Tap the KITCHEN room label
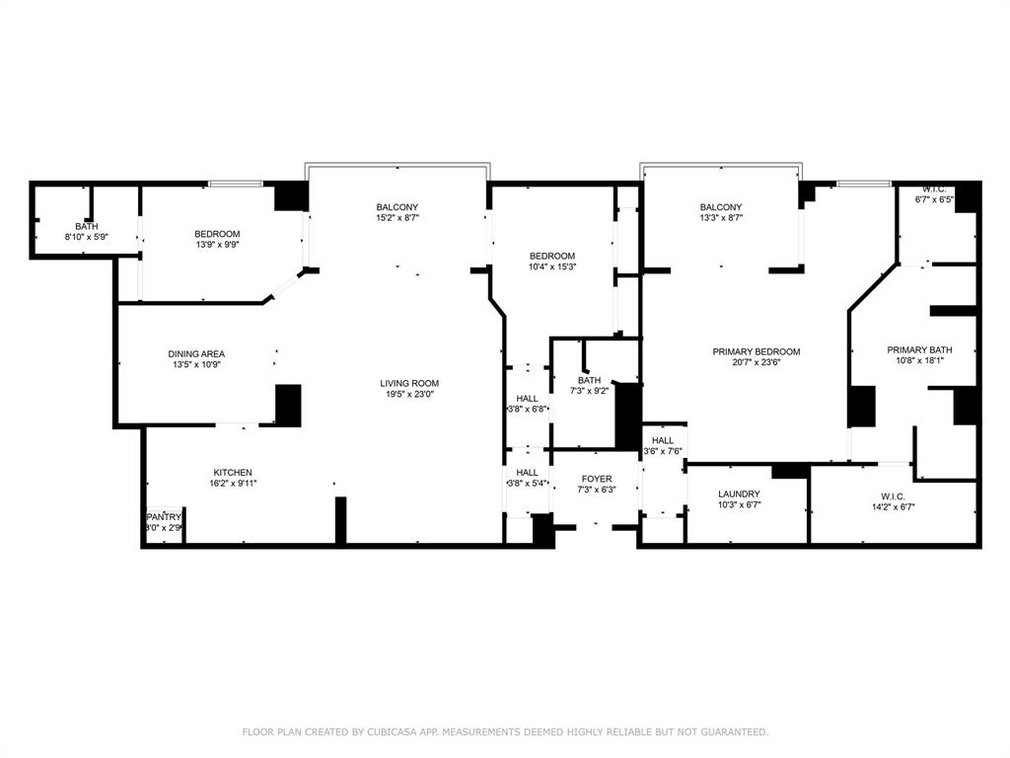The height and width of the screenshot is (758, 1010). point(233,473)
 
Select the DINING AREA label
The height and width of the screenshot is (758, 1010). point(196,354)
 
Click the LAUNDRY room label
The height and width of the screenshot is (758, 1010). point(739,493)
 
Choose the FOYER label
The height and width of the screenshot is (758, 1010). point(596,479)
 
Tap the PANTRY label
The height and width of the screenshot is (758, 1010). point(164,517)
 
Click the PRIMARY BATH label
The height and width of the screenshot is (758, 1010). point(919,349)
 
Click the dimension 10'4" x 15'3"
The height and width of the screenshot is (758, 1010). point(552,265)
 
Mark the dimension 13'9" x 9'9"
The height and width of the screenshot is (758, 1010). point(217,245)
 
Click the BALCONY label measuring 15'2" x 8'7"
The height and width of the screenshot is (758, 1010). point(397,207)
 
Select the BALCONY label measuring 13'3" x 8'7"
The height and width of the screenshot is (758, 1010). point(721,207)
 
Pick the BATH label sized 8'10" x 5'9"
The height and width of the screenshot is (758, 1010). point(86,226)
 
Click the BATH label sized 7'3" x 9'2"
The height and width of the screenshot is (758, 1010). point(589,380)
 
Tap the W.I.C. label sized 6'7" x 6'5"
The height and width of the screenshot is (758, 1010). point(935,189)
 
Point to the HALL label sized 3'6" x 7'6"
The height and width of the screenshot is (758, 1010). point(663,440)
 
